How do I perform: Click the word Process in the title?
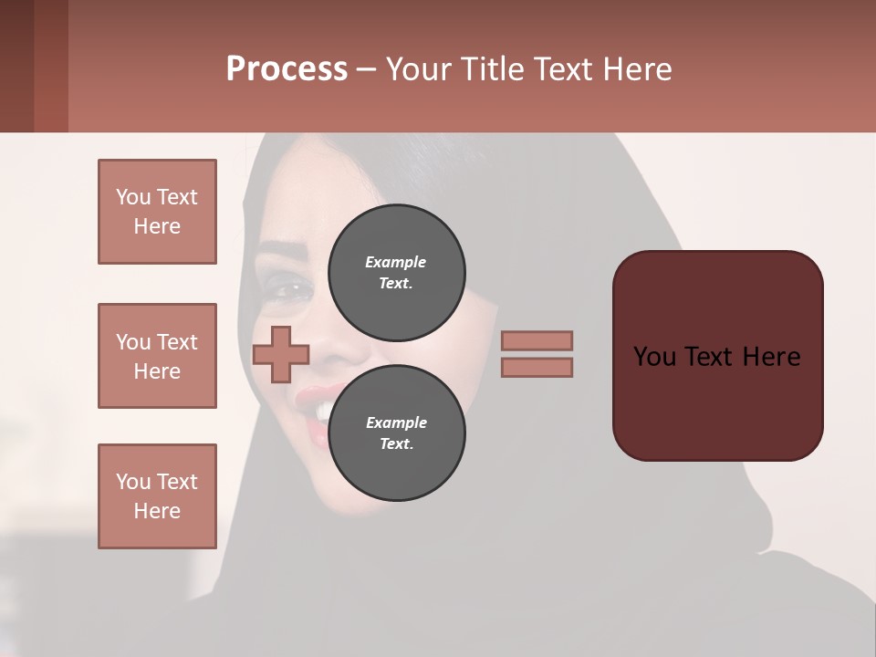coord(287,69)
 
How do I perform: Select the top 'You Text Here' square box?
coord(157,212)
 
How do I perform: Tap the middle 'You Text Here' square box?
coord(157,356)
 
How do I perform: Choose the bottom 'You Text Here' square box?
coord(157,495)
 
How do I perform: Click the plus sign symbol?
coord(281,354)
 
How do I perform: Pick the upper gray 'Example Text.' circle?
coord(396,272)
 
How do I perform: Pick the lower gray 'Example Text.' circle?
coord(396,433)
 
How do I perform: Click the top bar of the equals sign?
coord(537,340)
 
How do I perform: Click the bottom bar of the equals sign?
coord(537,367)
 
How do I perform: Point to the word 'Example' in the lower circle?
coord(396,422)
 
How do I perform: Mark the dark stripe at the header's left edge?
coord(16,66)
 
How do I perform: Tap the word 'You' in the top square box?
coord(133,197)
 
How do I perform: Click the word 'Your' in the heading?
coord(419,69)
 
